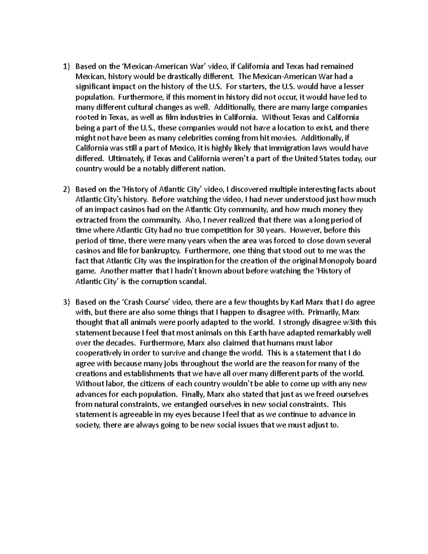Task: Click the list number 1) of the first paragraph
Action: point(66,66)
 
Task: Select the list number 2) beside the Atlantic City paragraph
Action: point(66,189)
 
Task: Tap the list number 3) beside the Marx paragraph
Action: point(66,302)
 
